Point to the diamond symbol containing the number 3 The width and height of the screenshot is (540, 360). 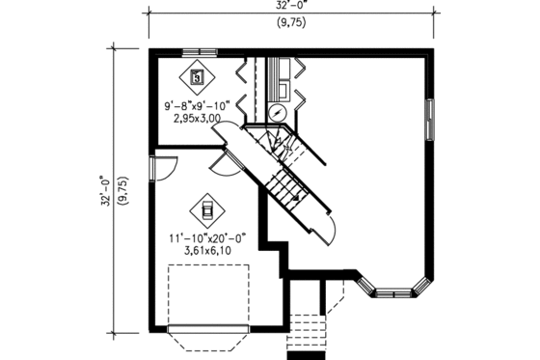point(198,74)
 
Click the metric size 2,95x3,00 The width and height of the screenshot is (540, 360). point(197,120)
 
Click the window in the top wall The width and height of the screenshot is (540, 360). point(199,51)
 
